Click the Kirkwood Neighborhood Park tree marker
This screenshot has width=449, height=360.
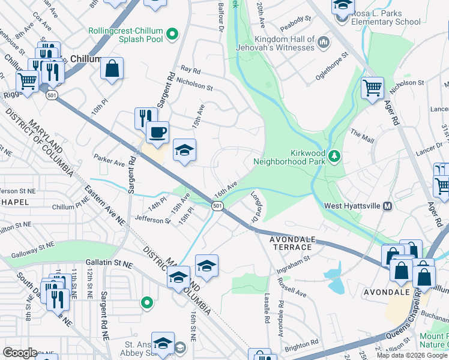coord(334,157)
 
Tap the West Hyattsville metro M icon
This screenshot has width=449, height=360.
coord(387,206)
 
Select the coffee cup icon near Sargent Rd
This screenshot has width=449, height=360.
coord(157,132)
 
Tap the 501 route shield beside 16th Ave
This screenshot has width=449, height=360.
coord(217,206)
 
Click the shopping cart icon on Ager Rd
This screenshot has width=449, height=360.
coord(372,88)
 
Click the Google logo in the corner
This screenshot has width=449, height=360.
coord(20,353)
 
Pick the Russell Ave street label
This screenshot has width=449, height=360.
coord(292,286)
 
